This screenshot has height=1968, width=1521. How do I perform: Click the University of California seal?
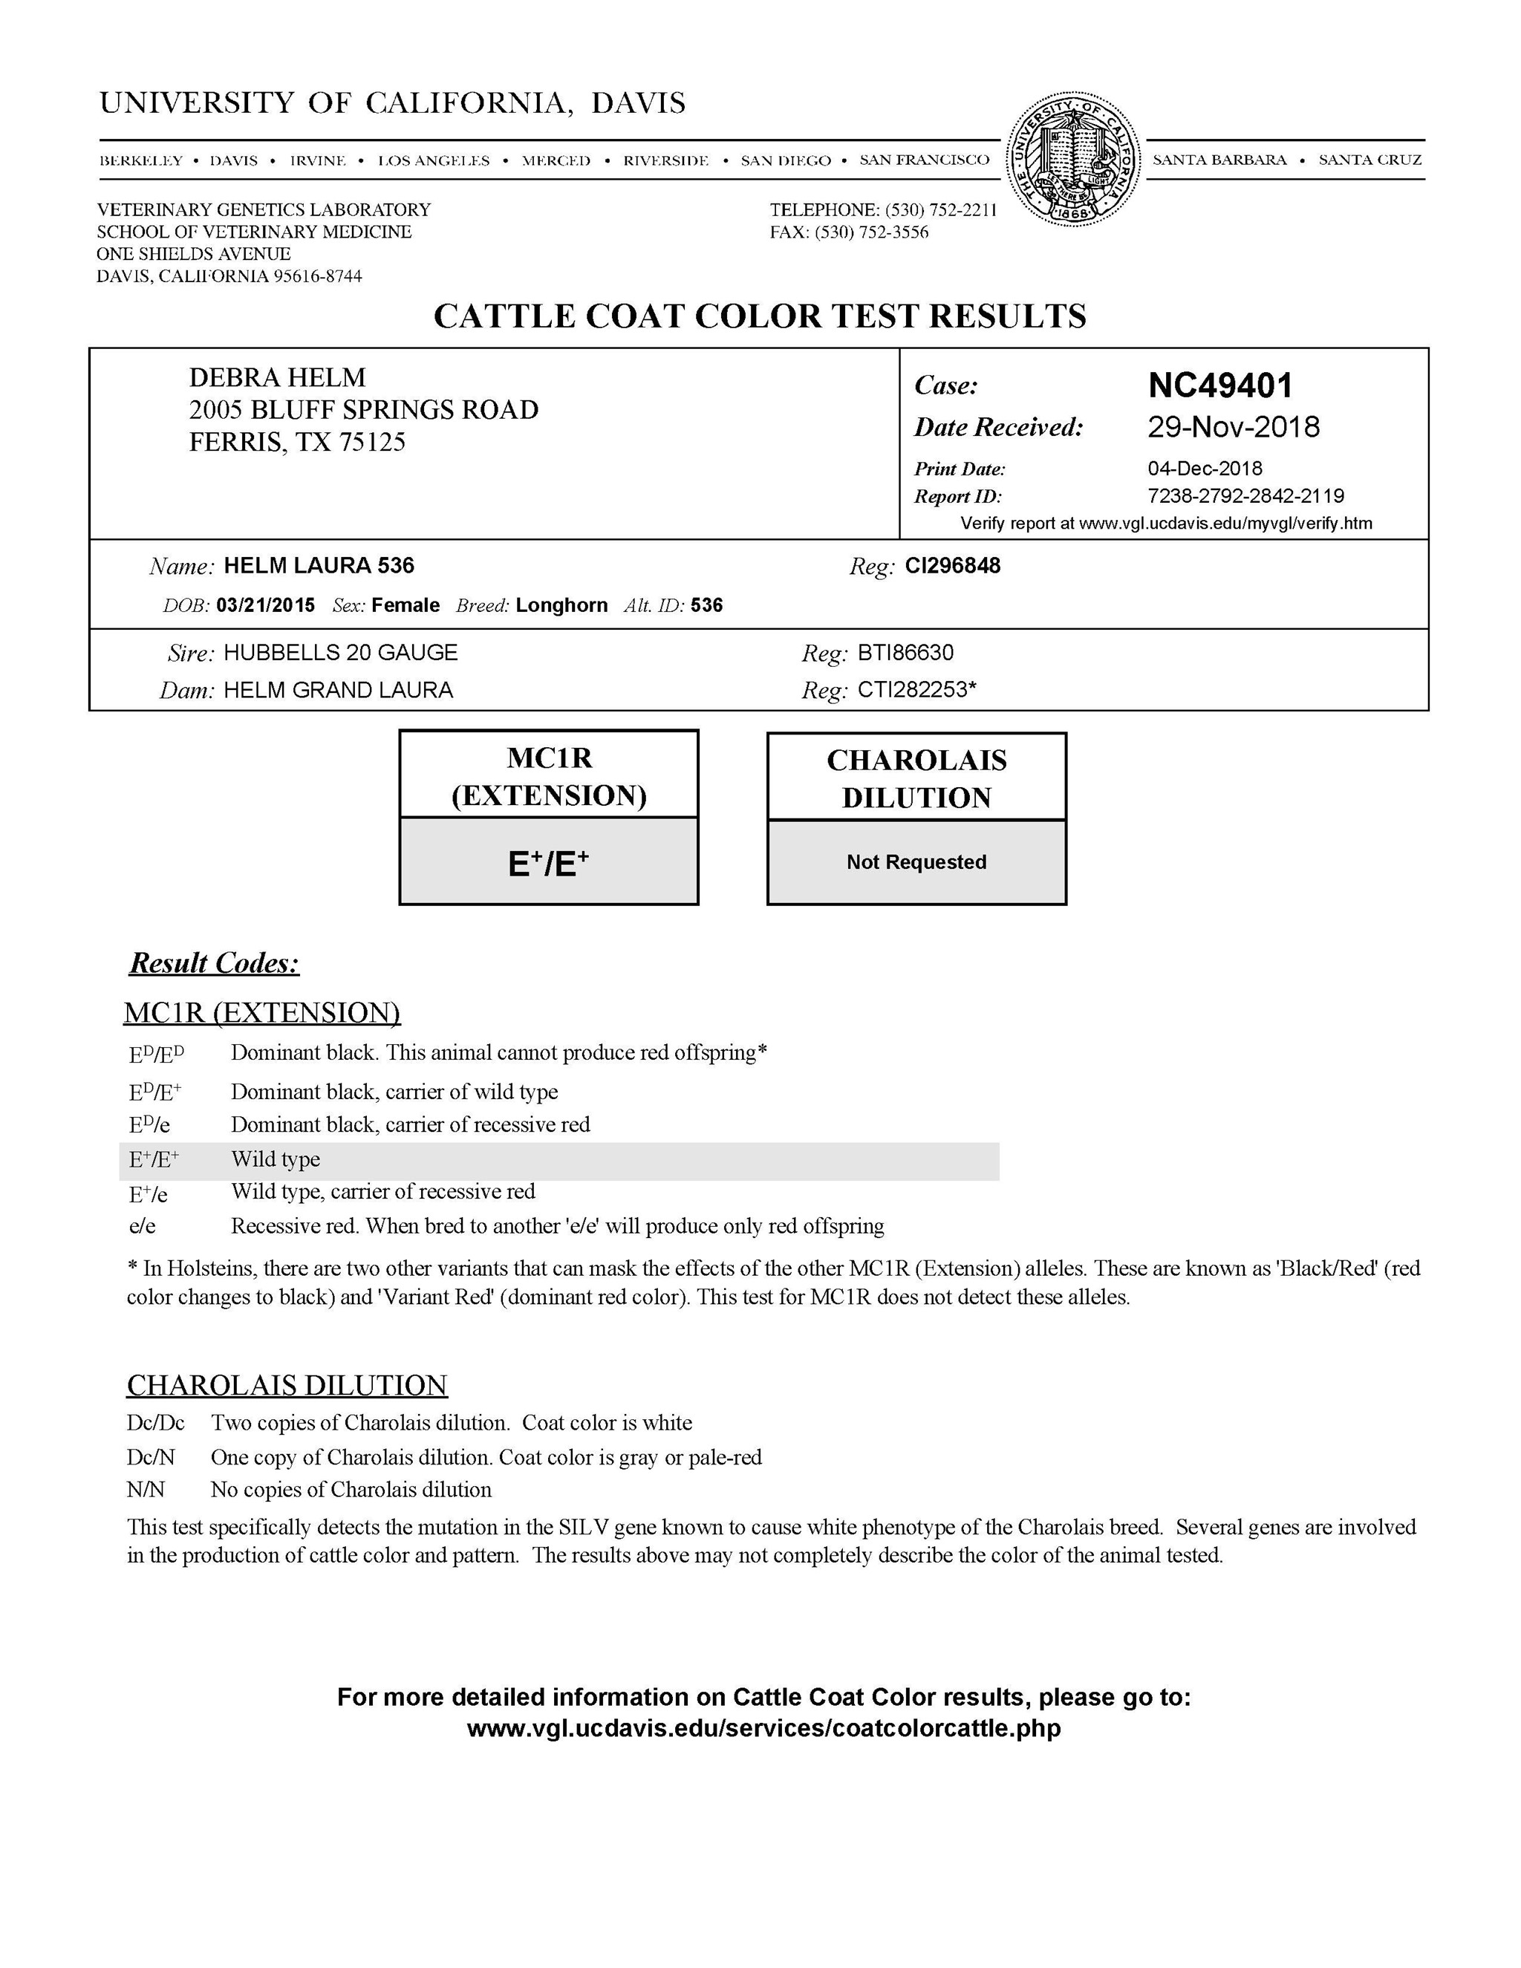click(1072, 159)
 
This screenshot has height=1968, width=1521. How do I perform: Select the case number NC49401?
click(1220, 385)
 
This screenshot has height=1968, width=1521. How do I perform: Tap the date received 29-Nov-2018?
click(1233, 427)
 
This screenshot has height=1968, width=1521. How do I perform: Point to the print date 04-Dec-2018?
click(1204, 469)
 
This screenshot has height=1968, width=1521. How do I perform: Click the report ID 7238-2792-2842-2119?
click(1245, 495)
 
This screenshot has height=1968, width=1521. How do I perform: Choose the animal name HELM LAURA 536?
click(319, 566)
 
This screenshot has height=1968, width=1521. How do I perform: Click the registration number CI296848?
click(952, 566)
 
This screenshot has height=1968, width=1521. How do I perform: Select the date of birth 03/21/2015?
click(266, 605)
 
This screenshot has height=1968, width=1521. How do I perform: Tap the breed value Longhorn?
click(561, 605)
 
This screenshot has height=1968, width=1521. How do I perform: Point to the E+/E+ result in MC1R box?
click(548, 863)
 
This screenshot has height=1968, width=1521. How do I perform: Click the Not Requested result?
click(916, 862)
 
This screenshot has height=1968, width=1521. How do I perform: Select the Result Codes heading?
click(215, 963)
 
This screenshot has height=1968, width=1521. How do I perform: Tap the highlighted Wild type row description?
click(276, 1160)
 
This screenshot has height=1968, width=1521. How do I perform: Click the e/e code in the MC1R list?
click(143, 1226)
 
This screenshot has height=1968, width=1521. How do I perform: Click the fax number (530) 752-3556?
click(871, 232)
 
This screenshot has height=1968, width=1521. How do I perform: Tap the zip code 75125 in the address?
click(372, 443)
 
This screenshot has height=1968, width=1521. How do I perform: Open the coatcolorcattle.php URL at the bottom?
click(763, 1728)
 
